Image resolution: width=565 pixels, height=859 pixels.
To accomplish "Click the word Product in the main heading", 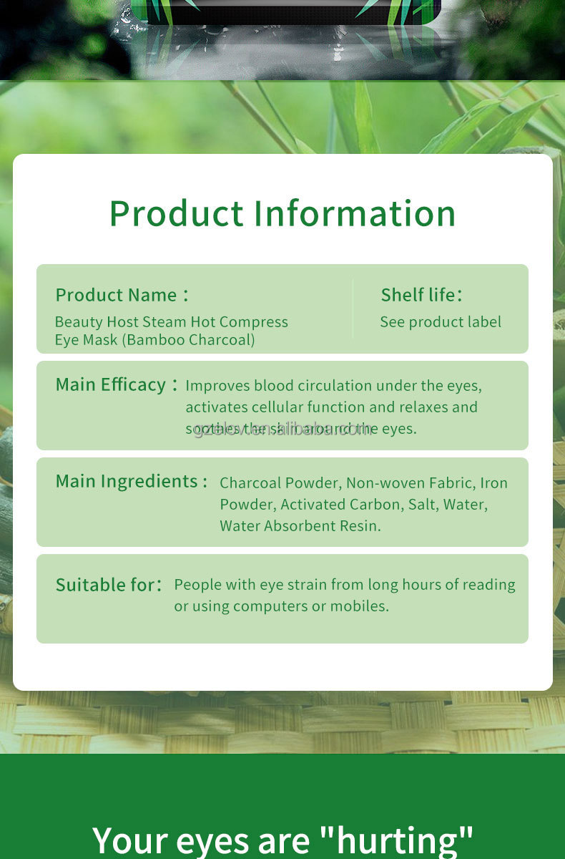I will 177,213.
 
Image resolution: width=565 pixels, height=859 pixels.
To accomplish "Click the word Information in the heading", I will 355,213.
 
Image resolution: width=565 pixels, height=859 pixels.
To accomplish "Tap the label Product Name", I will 116,295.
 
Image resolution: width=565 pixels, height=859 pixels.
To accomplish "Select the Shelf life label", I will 418,295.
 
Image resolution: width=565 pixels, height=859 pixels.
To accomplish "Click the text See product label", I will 441,322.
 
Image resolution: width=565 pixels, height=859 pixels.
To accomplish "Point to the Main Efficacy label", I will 111,384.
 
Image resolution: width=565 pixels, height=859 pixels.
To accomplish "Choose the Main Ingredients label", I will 127,481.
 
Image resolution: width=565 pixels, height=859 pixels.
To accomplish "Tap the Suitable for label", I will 105,585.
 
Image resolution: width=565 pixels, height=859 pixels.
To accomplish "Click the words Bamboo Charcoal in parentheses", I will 188,339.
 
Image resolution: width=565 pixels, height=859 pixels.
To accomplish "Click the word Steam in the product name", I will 162,322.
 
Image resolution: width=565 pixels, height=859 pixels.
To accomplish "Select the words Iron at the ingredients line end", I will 493,483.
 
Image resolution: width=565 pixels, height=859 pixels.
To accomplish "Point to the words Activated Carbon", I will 340,505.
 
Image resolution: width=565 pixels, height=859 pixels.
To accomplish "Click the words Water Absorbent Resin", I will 300,526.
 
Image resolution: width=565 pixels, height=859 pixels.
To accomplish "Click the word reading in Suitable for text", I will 488,585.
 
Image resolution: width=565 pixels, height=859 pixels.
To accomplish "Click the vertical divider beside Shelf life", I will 353,309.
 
